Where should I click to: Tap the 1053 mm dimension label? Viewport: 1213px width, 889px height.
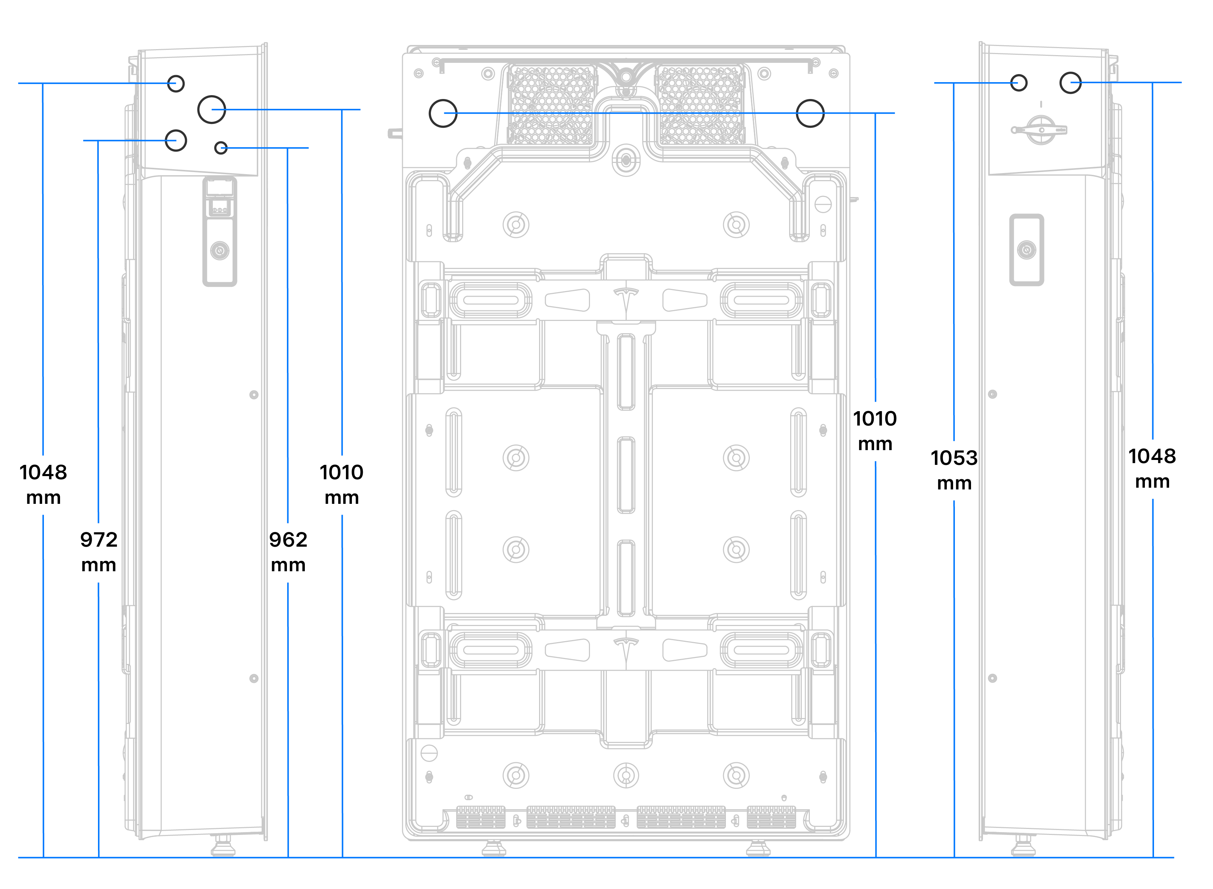pos(953,470)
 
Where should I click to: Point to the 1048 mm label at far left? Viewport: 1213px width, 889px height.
pos(43,484)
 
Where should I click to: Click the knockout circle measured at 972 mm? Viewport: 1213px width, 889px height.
pos(176,140)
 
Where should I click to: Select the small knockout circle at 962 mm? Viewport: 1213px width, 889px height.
pos(221,147)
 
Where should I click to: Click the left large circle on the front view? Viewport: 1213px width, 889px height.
pos(443,113)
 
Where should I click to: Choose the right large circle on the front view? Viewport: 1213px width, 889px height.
pos(810,113)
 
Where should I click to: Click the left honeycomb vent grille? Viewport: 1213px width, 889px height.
pos(552,105)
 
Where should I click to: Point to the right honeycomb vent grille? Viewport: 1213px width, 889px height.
pos(701,105)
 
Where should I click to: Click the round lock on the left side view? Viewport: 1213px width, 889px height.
pos(219,250)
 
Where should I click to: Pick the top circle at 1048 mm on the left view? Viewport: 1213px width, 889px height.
pos(176,84)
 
